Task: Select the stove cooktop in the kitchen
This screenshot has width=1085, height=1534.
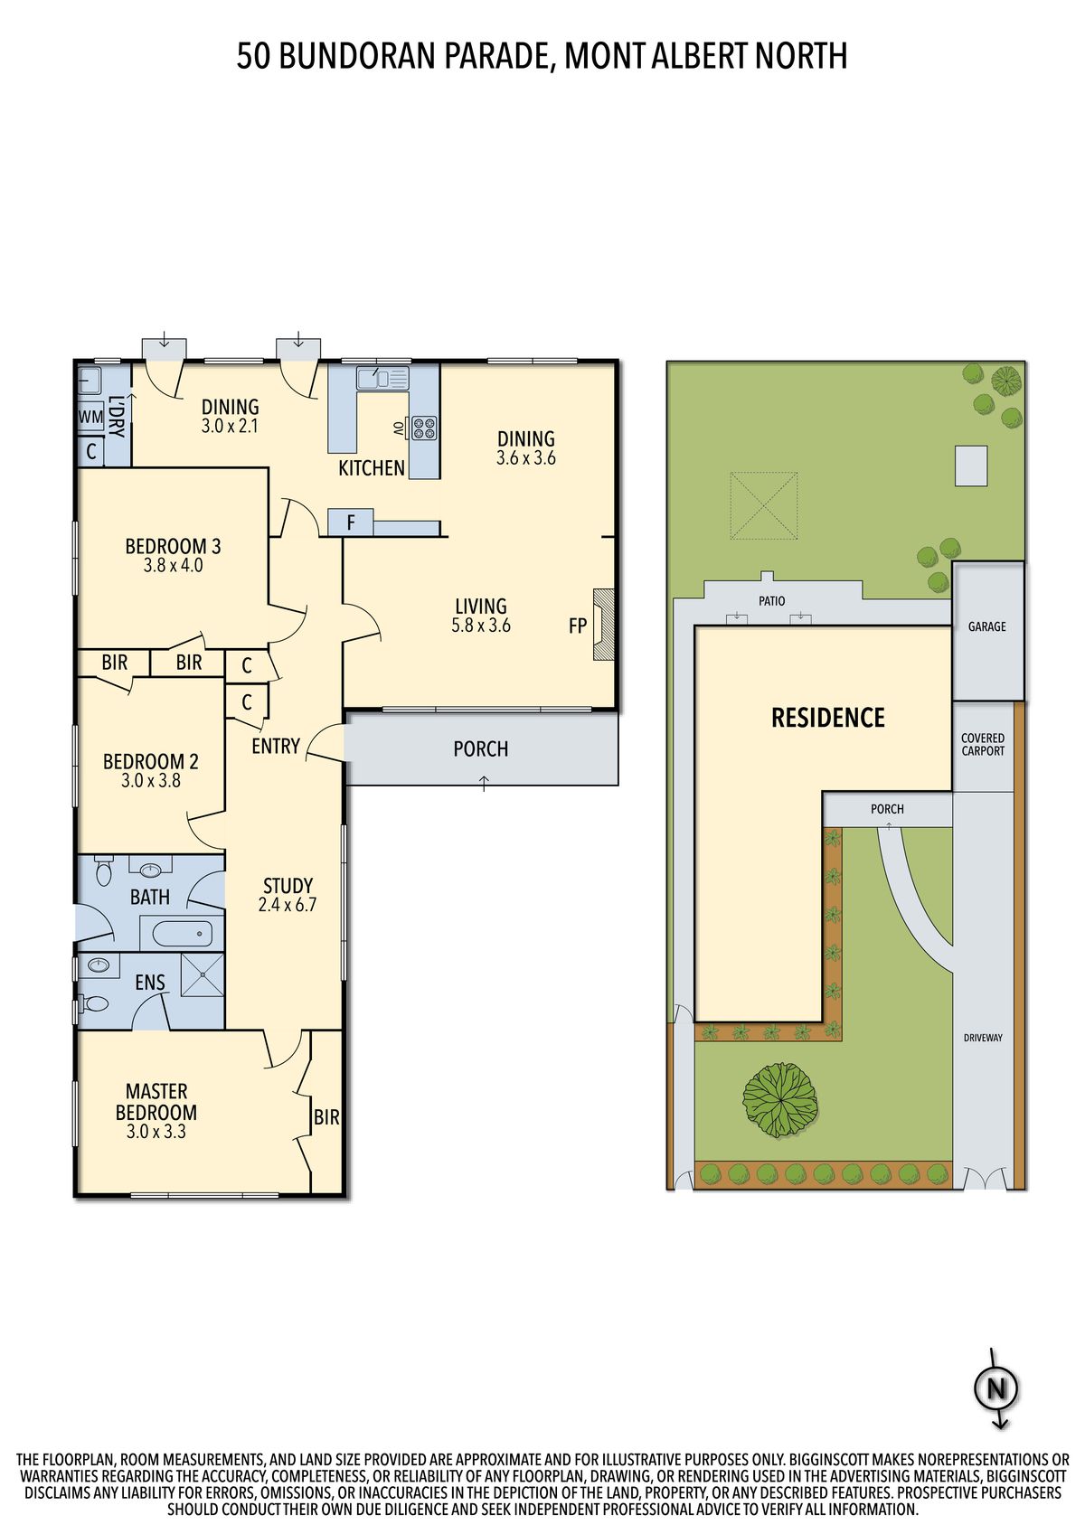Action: point(422,427)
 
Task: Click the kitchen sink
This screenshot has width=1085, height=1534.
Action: point(382,378)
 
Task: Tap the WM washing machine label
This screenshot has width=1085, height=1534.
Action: point(90,417)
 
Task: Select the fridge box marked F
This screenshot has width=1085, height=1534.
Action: point(350,522)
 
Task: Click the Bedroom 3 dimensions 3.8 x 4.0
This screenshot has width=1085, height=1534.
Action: point(174,566)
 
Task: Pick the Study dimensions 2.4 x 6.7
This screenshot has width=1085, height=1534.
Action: point(288,905)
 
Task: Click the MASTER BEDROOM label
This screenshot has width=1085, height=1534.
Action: point(156,1102)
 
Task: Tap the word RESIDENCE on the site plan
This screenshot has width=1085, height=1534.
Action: point(828,717)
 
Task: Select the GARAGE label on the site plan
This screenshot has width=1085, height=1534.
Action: point(987,626)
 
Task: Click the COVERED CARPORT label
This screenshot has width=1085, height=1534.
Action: point(983,744)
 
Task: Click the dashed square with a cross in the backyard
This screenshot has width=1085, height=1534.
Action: point(764,505)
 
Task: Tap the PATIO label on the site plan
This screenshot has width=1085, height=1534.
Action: point(772,600)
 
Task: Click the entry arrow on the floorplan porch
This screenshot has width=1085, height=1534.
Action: point(485,783)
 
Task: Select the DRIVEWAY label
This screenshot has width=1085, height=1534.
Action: point(983,1038)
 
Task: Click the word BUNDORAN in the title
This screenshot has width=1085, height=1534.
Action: point(358,55)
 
